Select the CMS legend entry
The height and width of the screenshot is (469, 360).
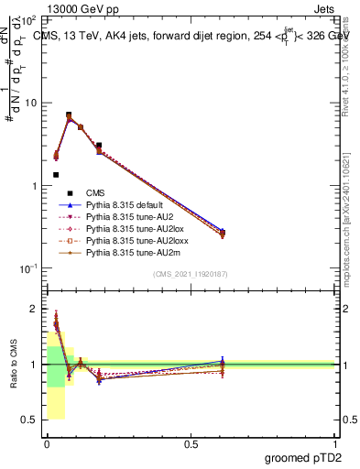click(96, 191)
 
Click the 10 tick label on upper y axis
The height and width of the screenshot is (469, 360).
click(32, 103)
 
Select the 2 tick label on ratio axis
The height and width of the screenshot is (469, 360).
click(35, 309)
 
